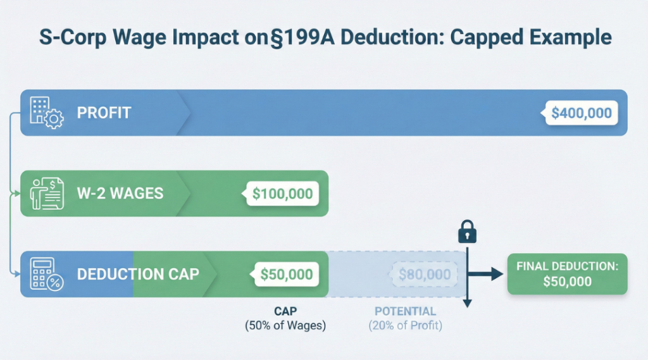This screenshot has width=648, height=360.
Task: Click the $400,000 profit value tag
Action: click(x=581, y=113)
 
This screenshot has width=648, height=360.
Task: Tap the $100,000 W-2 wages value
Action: click(x=282, y=194)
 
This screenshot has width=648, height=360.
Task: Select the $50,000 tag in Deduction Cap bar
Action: click(x=286, y=275)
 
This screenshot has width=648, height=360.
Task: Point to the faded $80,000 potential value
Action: click(x=425, y=275)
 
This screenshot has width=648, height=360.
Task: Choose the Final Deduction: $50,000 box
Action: click(x=568, y=274)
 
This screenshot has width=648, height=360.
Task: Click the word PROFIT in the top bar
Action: click(x=104, y=113)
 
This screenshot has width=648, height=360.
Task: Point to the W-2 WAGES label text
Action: click(x=120, y=194)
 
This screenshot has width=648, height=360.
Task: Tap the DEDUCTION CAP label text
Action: click(x=138, y=275)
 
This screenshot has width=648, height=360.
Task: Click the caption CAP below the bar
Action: click(x=285, y=311)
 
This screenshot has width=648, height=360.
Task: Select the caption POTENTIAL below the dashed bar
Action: click(x=405, y=311)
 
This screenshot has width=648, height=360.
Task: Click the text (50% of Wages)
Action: click(x=285, y=325)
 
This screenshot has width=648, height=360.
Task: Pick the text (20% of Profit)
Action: click(x=405, y=325)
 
